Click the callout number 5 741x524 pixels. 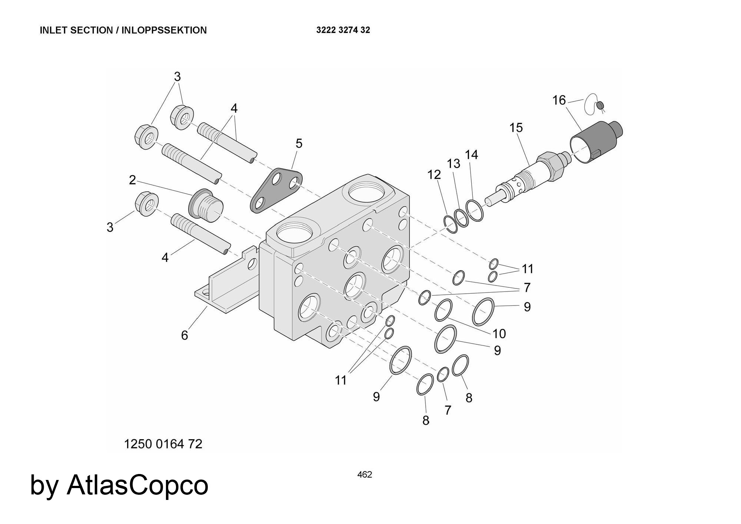pyautogui.click(x=299, y=144)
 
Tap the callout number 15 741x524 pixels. pyautogui.click(x=516, y=128)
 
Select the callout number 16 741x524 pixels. pyautogui.click(x=559, y=100)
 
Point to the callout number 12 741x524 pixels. pyautogui.click(x=434, y=174)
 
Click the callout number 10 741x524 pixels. pyautogui.click(x=499, y=334)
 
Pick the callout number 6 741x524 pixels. pyautogui.click(x=185, y=335)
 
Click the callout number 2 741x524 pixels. pyautogui.click(x=132, y=180)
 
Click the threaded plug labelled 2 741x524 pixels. pyautogui.click(x=206, y=206)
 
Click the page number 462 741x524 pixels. pyautogui.click(x=365, y=474)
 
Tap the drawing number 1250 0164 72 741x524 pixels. pyautogui.click(x=163, y=444)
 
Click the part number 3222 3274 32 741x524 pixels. pyautogui.click(x=343, y=30)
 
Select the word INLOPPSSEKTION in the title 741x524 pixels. pyautogui.click(x=164, y=30)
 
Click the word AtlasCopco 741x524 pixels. pyautogui.click(x=137, y=485)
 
